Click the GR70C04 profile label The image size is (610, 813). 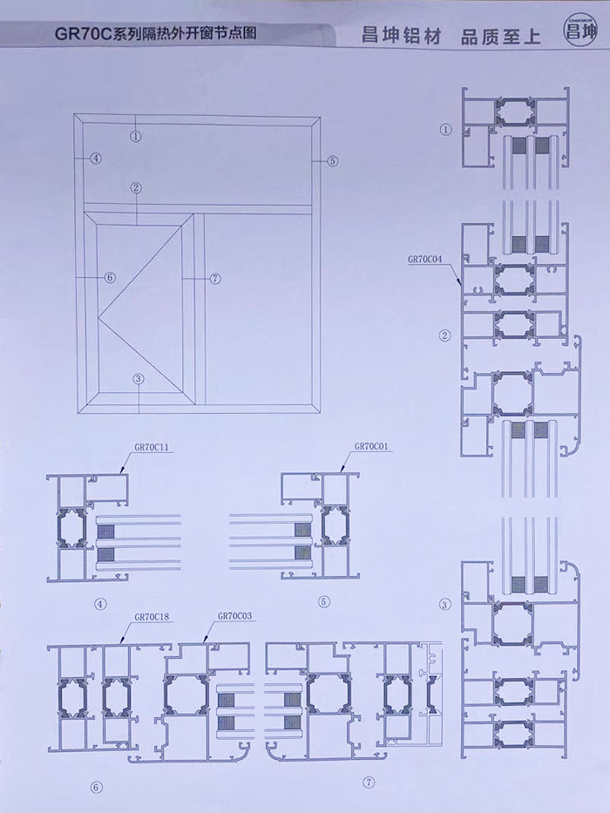pyautogui.click(x=425, y=260)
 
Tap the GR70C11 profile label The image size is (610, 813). pyautogui.click(x=151, y=446)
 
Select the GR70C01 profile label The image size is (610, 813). pyautogui.click(x=371, y=446)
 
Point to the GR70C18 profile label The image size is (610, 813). pyautogui.click(x=152, y=617)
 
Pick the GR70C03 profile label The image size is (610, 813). pyautogui.click(x=235, y=616)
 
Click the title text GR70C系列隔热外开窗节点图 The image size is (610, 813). pyautogui.click(x=156, y=34)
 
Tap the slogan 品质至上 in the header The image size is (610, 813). pyautogui.click(x=500, y=37)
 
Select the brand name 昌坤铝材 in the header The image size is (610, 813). pyautogui.click(x=402, y=37)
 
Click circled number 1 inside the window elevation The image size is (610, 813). pyautogui.click(x=135, y=136)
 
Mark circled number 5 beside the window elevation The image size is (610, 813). pyautogui.click(x=333, y=160)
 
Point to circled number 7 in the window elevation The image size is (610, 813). pyautogui.click(x=215, y=279)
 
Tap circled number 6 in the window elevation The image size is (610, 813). pyautogui.click(x=110, y=277)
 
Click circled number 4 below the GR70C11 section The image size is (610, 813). pyautogui.click(x=100, y=604)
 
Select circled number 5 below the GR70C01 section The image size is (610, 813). pyautogui.click(x=323, y=602)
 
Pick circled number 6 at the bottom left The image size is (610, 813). pyautogui.click(x=96, y=788)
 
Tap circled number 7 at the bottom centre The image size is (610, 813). pyautogui.click(x=369, y=783)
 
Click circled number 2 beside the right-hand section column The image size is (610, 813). pyautogui.click(x=444, y=335)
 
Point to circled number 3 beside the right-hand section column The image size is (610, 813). pyautogui.click(x=444, y=604)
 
